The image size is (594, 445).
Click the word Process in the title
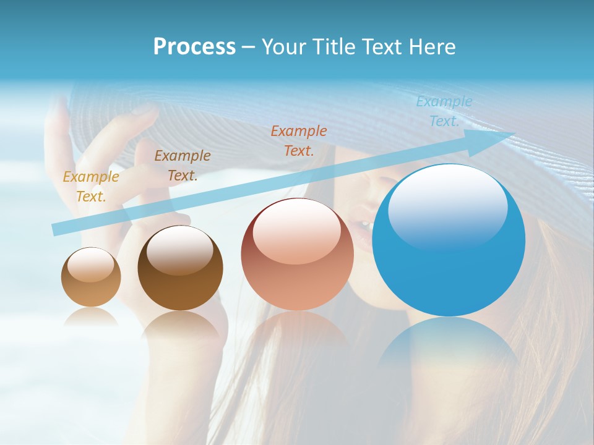[194, 47]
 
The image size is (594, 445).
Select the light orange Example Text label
[91, 186]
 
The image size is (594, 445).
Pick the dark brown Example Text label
[183, 165]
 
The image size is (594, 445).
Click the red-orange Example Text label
[299, 140]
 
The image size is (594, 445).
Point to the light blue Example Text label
[444, 111]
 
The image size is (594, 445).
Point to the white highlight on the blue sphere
[447, 207]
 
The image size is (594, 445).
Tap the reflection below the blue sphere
[449, 346]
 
